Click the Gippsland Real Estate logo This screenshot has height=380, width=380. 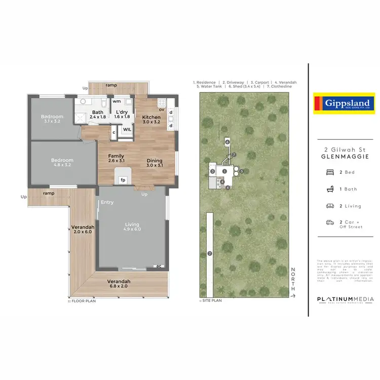pos(344,103)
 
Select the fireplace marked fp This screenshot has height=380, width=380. pos(123,179)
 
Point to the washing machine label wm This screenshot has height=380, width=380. pos(116,101)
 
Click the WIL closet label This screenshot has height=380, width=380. pos(127,130)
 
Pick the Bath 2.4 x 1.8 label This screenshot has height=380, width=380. pos(97,115)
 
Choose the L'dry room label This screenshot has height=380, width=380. pos(122,115)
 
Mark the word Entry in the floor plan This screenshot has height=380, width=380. pos(107,202)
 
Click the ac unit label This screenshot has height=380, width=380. pos(159,265)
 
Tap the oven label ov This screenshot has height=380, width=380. pos(162,109)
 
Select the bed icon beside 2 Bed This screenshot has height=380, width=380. pos(329,172)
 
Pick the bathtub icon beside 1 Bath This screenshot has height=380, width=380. pos(329,189)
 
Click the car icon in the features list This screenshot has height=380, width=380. pos(329,222)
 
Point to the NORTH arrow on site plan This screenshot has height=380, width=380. pos(293,281)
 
